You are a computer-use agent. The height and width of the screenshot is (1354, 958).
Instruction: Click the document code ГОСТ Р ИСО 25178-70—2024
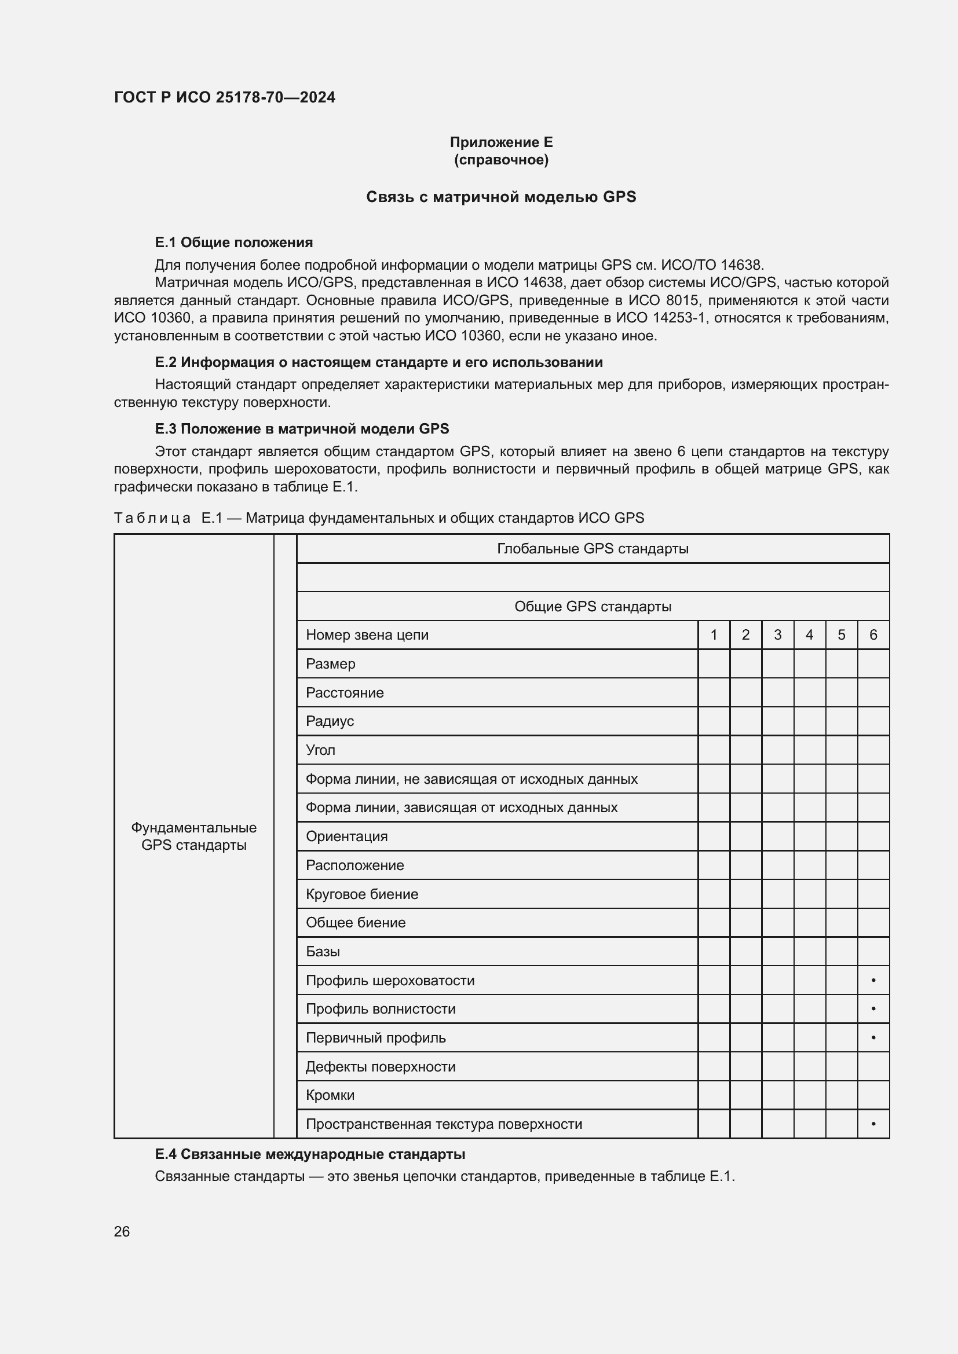(x=224, y=97)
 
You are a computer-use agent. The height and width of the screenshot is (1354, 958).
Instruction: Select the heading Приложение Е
(x=501, y=142)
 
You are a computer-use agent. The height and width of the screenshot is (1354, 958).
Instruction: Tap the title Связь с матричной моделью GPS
(x=501, y=197)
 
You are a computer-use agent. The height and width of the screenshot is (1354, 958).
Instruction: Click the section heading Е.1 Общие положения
(x=233, y=243)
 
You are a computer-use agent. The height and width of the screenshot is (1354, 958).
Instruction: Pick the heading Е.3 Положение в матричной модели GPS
(x=301, y=429)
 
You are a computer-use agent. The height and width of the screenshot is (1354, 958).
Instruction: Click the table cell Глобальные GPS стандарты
(x=593, y=548)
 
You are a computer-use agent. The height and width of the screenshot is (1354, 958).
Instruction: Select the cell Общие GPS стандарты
(x=593, y=606)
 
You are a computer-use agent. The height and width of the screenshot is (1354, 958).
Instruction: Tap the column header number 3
(x=777, y=635)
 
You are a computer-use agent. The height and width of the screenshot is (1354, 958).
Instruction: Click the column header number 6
(x=873, y=635)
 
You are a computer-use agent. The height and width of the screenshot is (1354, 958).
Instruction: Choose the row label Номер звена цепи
(x=367, y=635)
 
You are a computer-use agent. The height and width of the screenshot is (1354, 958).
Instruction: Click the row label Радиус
(x=330, y=721)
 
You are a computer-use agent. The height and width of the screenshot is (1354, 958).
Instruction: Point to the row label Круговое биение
(x=361, y=894)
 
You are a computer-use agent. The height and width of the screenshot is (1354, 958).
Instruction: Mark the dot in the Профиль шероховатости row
(x=873, y=981)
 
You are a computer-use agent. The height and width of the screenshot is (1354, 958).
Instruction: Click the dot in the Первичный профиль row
(x=873, y=1038)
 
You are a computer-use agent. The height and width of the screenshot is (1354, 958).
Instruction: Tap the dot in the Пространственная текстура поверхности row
(x=873, y=1124)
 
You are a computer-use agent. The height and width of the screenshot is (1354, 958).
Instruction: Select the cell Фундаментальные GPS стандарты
(x=193, y=836)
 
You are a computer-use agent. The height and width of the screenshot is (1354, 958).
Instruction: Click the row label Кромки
(x=330, y=1095)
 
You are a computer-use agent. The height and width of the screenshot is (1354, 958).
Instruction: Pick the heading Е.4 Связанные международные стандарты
(x=310, y=1154)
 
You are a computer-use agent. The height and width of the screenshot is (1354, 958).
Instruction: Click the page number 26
(x=122, y=1232)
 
